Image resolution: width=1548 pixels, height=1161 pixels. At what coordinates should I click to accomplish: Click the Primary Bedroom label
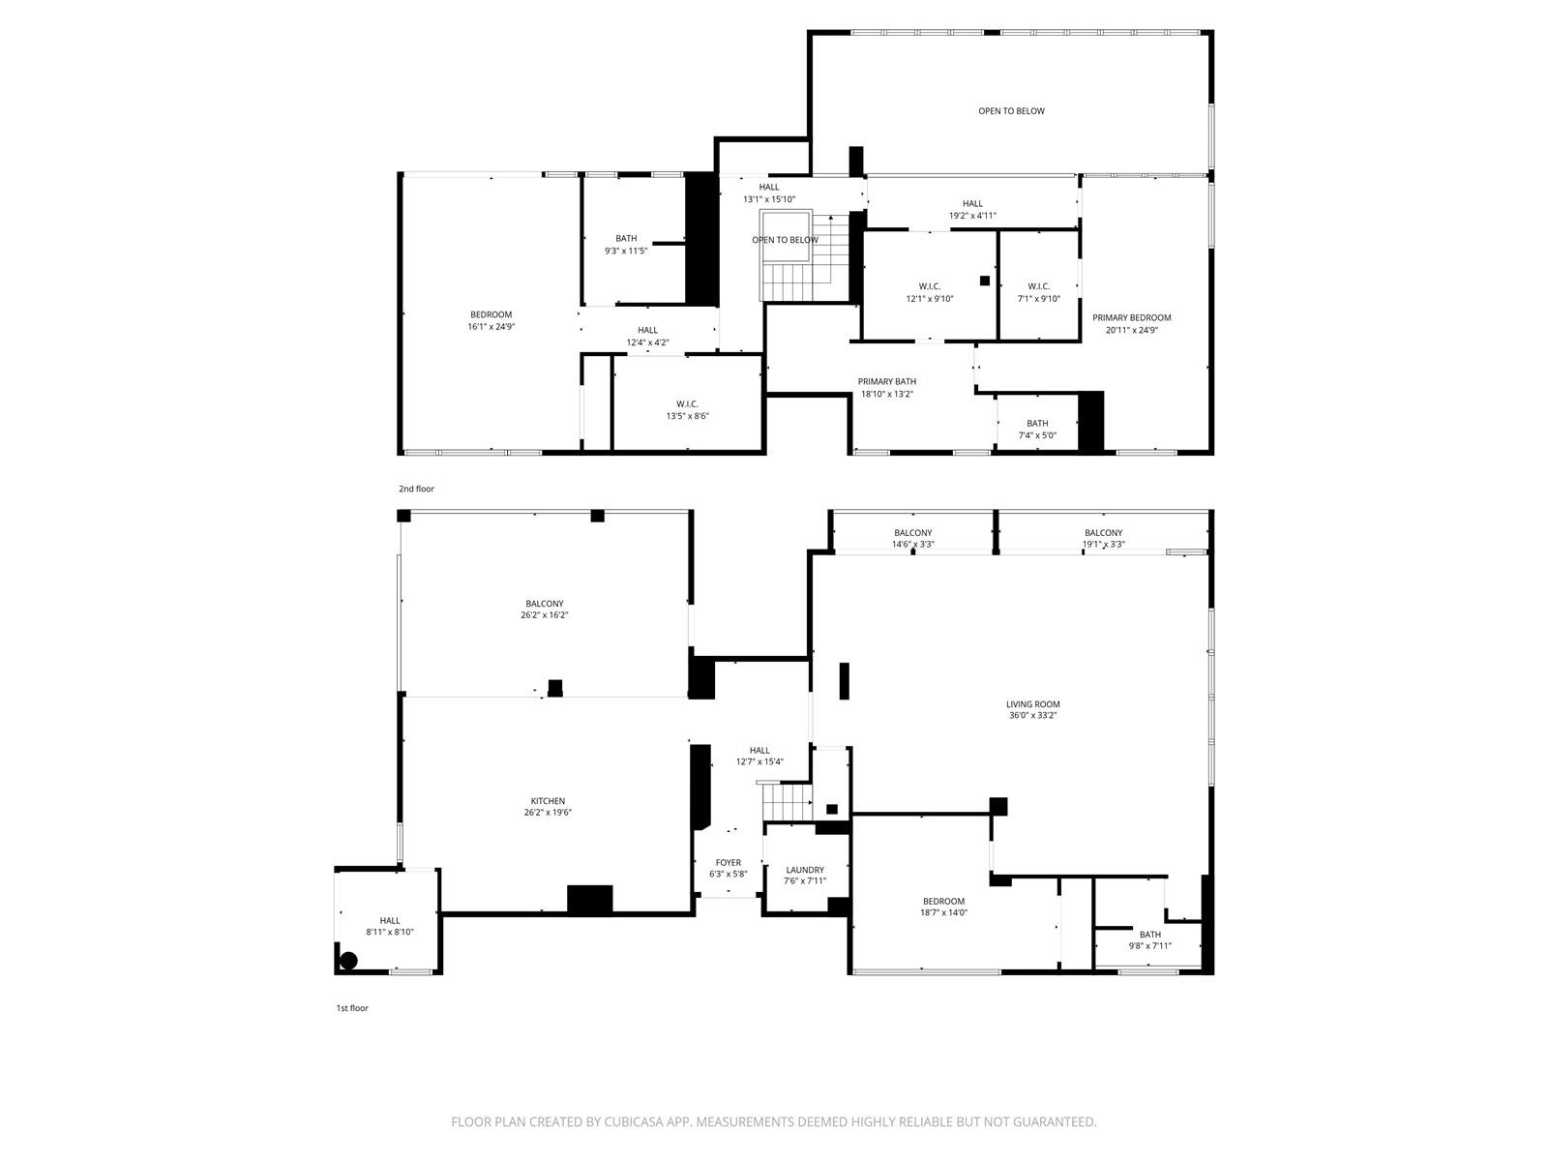[x=1131, y=317]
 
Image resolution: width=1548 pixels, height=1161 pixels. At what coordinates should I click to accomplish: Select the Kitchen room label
[x=548, y=801]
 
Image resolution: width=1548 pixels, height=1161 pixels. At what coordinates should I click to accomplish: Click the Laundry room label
[x=805, y=870]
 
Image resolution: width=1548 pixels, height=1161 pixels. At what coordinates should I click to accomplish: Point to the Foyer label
[x=729, y=862]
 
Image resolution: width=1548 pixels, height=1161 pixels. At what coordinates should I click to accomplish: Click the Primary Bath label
[x=886, y=381]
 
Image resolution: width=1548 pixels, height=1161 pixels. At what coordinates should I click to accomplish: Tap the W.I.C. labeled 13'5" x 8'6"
[x=687, y=403]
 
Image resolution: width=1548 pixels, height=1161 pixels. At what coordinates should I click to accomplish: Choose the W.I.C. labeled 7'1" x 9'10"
[x=1038, y=286]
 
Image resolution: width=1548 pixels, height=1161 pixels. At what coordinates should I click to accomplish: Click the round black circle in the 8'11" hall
[x=349, y=961]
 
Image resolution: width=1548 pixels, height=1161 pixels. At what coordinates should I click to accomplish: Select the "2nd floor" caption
[x=416, y=489]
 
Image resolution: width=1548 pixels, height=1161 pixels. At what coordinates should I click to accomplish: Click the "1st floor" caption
[x=352, y=1008]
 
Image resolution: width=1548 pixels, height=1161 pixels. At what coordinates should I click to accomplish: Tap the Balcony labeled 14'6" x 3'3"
[x=912, y=533]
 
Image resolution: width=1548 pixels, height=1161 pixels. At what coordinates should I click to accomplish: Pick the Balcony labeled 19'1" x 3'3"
[x=1103, y=533]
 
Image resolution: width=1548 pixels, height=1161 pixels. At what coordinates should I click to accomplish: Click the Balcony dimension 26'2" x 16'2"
[x=544, y=615]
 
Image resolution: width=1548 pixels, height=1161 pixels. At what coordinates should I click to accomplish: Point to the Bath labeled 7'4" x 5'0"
[x=1037, y=423]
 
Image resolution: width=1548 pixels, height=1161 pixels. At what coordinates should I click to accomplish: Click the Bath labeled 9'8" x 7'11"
[x=1149, y=935]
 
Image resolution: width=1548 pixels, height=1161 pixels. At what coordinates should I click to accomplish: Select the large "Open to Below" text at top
[x=1011, y=111]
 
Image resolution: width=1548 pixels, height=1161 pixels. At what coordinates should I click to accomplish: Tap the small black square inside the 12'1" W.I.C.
[x=985, y=281]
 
